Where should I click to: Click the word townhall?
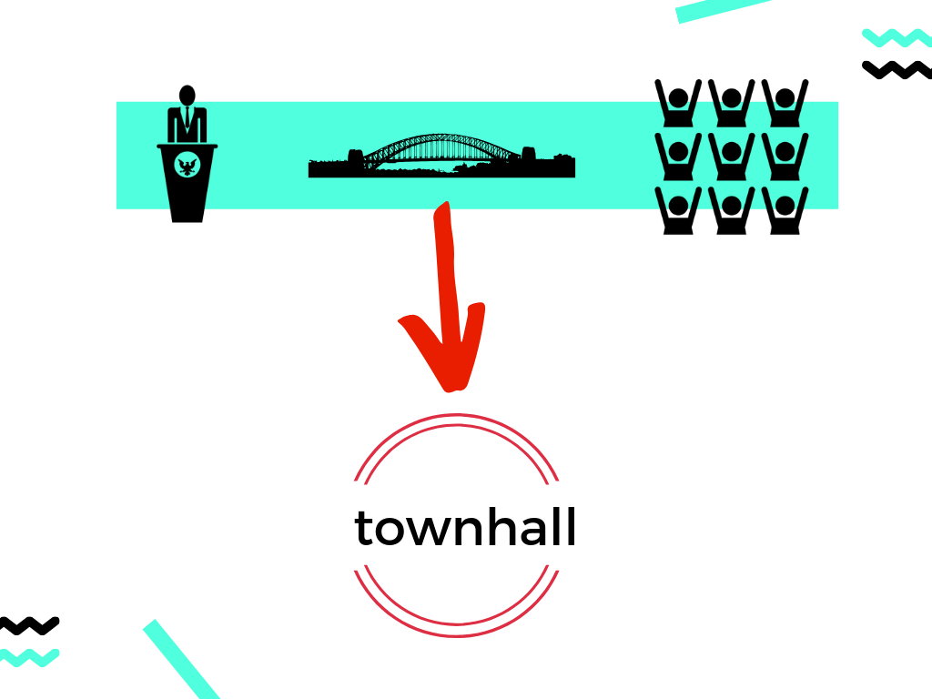click(x=465, y=527)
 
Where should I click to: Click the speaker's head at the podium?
click(x=187, y=96)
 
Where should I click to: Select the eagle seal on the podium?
click(x=187, y=166)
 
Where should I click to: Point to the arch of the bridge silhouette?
click(x=428, y=143)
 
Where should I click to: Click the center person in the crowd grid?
click(x=731, y=155)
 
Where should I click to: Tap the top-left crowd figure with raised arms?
click(x=678, y=102)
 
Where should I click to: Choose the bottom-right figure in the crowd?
click(x=784, y=209)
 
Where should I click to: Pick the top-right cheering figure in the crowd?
click(x=784, y=102)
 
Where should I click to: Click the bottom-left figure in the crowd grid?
click(x=678, y=209)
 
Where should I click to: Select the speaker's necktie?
click(x=187, y=119)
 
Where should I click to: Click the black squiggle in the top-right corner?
click(x=896, y=69)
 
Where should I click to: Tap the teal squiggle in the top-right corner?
click(x=896, y=37)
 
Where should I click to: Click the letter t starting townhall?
click(x=364, y=528)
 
